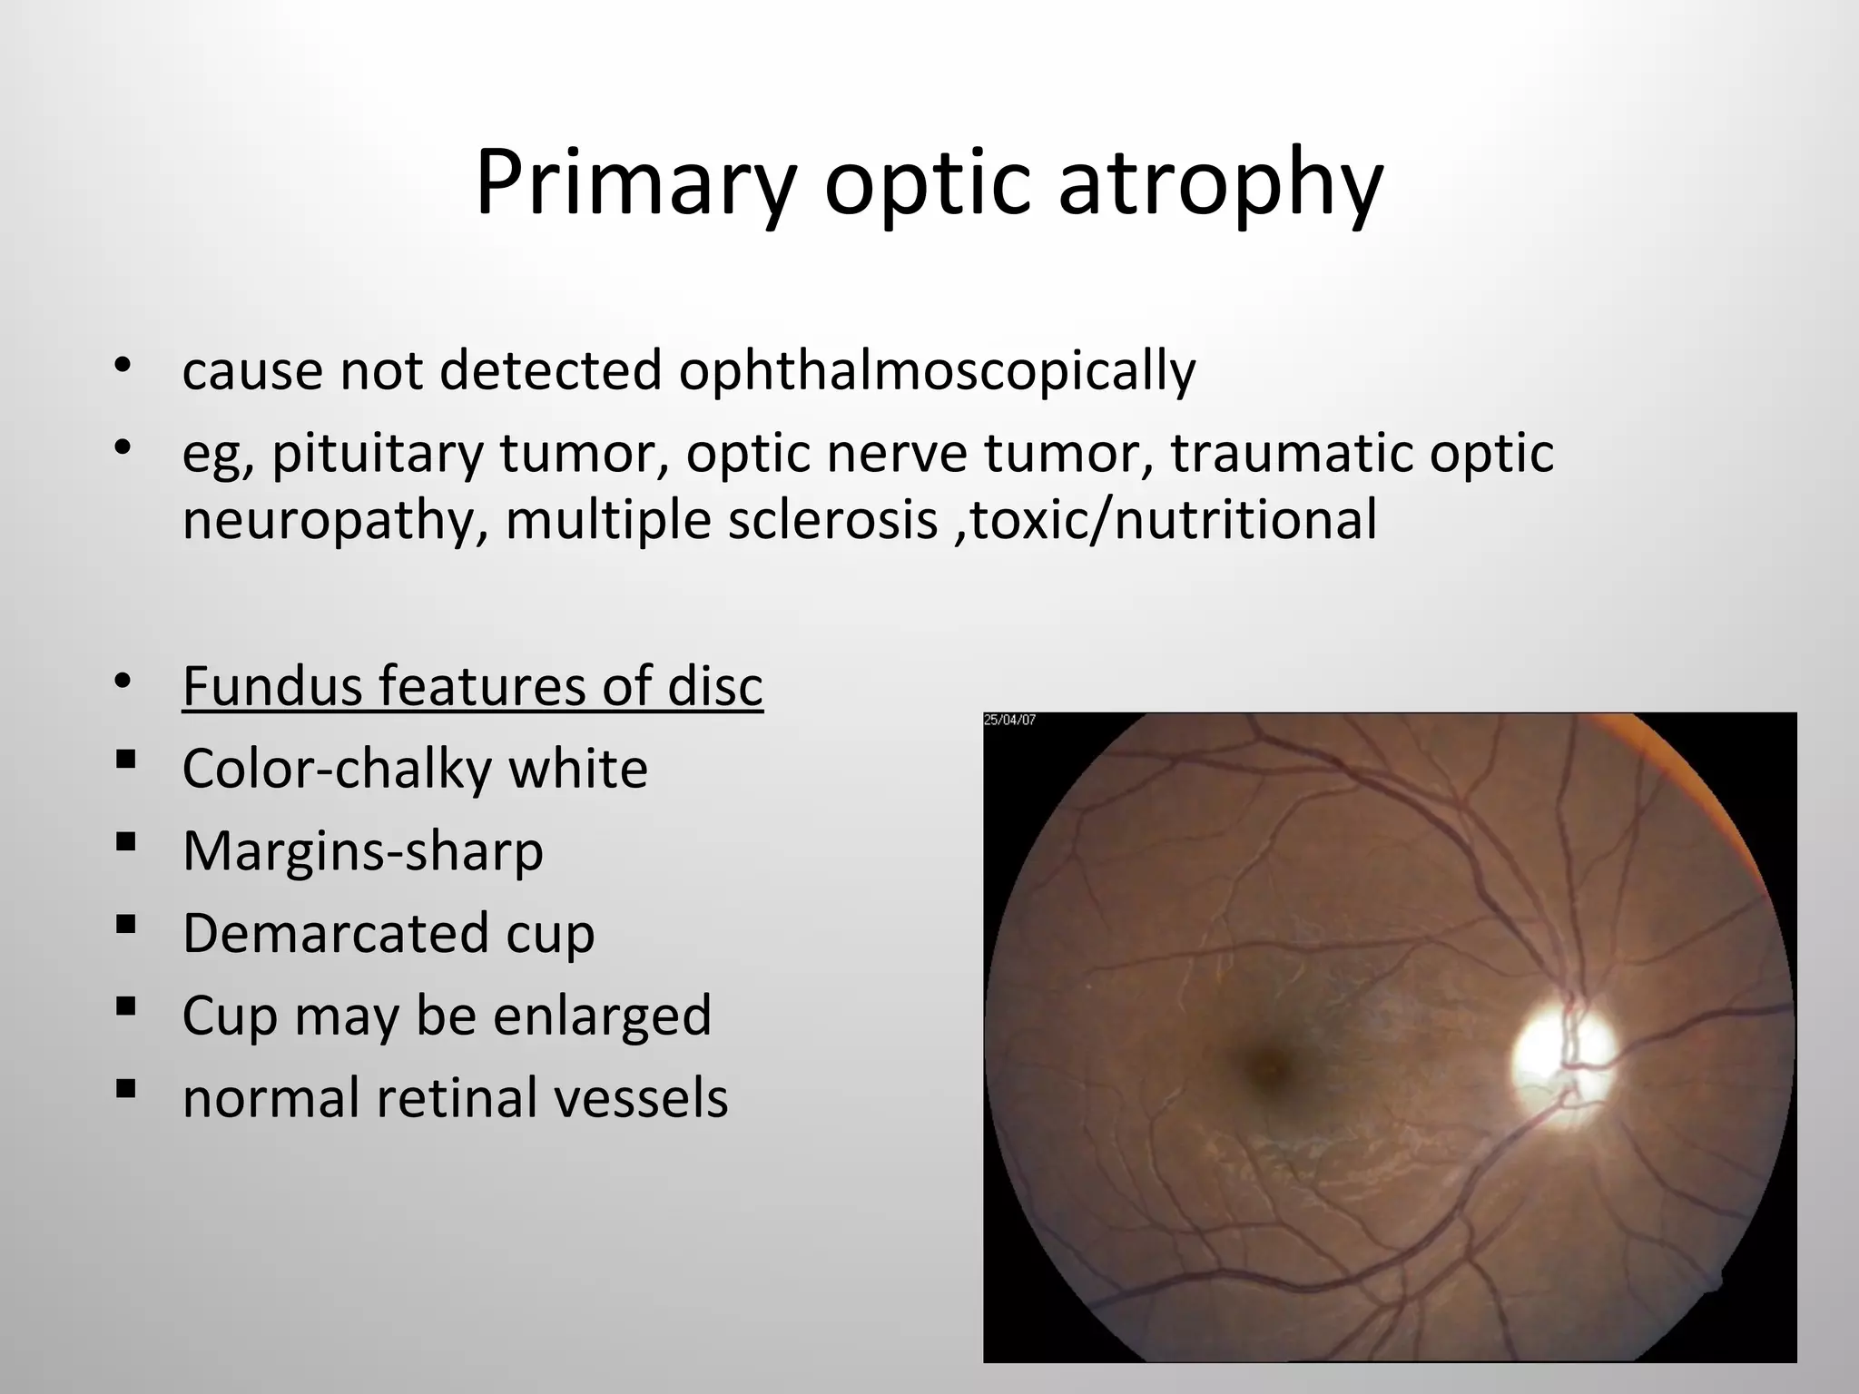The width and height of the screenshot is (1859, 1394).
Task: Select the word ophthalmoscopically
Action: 937,372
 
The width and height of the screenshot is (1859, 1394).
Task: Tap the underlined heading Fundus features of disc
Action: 472,686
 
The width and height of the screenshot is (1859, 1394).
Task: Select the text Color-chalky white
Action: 415,769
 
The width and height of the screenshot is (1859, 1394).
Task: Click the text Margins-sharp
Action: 362,851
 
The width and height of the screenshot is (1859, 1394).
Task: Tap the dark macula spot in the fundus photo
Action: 1270,1062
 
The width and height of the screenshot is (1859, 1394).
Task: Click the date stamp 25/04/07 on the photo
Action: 1009,721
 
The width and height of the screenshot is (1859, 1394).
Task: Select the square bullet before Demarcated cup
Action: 126,924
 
